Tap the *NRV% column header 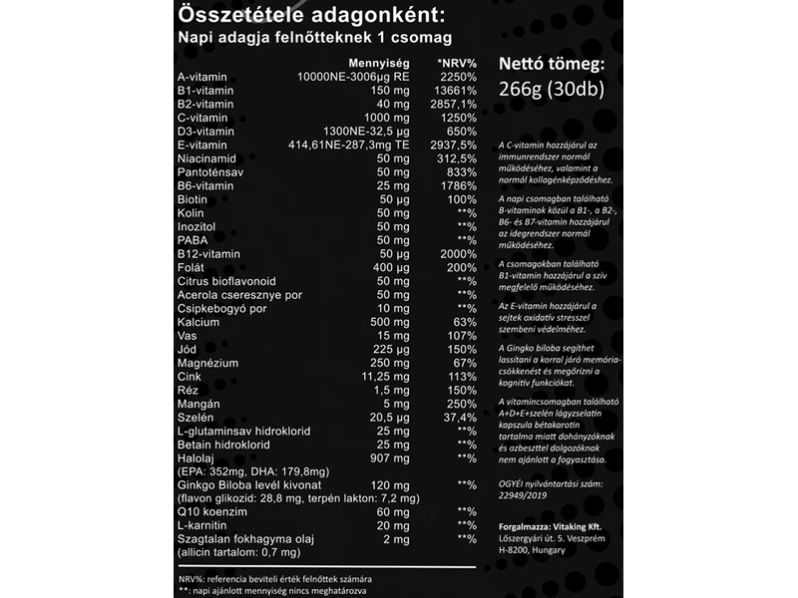(x=456, y=62)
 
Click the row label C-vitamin (x=205, y=118)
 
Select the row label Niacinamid (x=206, y=157)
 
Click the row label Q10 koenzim (x=211, y=510)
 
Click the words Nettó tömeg (x=550, y=66)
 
